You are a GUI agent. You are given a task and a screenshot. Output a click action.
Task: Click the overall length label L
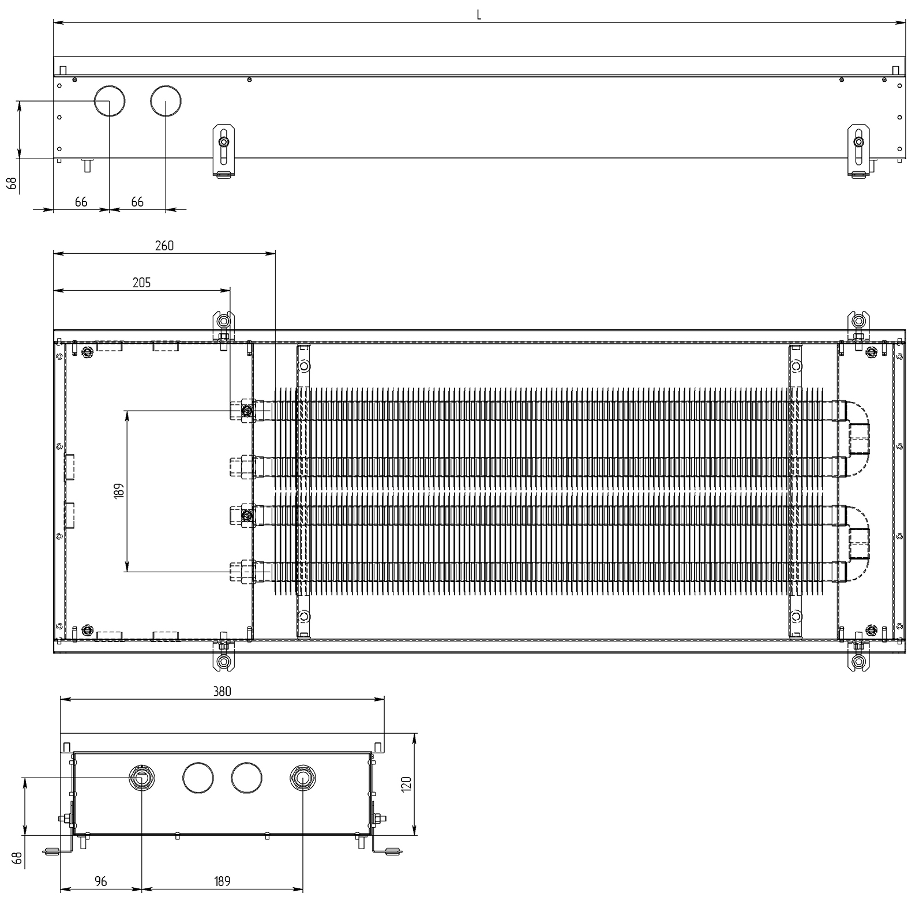479,15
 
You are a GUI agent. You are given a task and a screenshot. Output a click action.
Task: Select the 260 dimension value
164,245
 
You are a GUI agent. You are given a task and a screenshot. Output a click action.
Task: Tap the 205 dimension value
141,282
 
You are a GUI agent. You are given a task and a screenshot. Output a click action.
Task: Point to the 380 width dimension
222,691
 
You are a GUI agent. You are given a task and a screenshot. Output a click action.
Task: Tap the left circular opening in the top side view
110,100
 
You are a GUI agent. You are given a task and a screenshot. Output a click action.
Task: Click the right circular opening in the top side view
166,100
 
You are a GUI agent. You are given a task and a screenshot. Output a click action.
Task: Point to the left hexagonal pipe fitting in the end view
141,777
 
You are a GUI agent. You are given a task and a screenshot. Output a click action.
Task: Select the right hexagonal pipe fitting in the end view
302,777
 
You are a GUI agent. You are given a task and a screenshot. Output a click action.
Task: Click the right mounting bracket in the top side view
859,151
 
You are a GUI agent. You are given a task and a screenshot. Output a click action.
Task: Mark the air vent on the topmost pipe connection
247,411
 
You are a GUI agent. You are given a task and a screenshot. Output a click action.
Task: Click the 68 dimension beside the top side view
12,184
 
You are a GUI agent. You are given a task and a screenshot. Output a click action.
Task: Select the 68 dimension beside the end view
18,858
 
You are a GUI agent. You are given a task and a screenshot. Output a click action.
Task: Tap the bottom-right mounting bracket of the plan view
859,654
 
